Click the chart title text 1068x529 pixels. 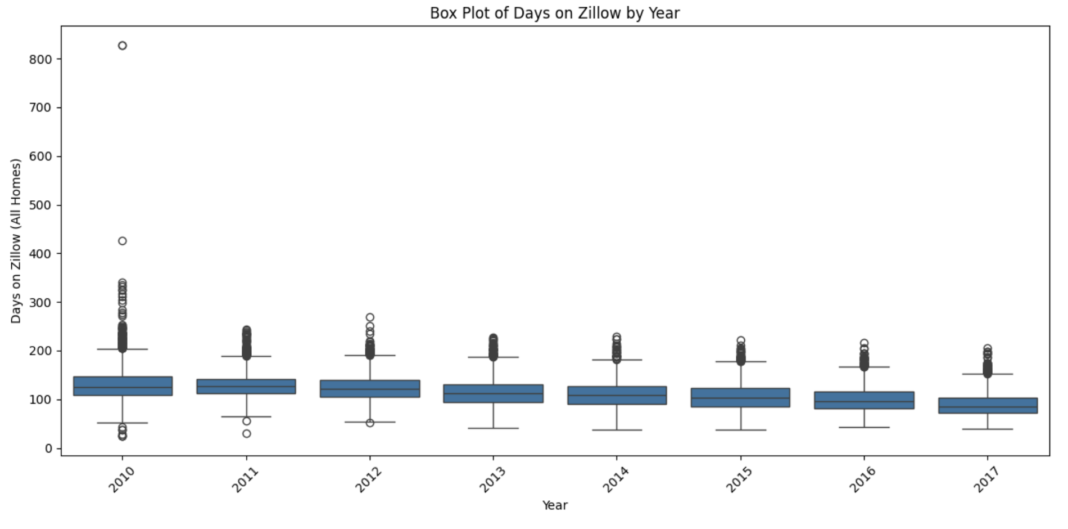(554, 13)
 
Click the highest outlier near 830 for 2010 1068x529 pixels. (122, 46)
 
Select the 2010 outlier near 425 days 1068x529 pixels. (122, 241)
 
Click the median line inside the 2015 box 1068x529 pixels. (740, 398)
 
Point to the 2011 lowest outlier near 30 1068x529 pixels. (246, 433)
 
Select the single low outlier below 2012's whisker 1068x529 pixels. (370, 423)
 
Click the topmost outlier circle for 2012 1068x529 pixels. (370, 317)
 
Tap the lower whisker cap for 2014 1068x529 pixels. (617, 430)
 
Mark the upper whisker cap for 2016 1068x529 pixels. (864, 367)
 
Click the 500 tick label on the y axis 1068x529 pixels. (40, 205)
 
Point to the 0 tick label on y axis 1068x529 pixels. (49, 449)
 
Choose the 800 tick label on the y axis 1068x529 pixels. (40, 59)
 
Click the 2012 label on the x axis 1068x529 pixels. (368, 479)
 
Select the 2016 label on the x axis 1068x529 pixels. (862, 479)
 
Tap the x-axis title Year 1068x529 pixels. (554, 505)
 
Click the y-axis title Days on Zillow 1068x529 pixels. (16, 241)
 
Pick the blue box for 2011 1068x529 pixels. (246, 386)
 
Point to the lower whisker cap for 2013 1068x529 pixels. (493, 428)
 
